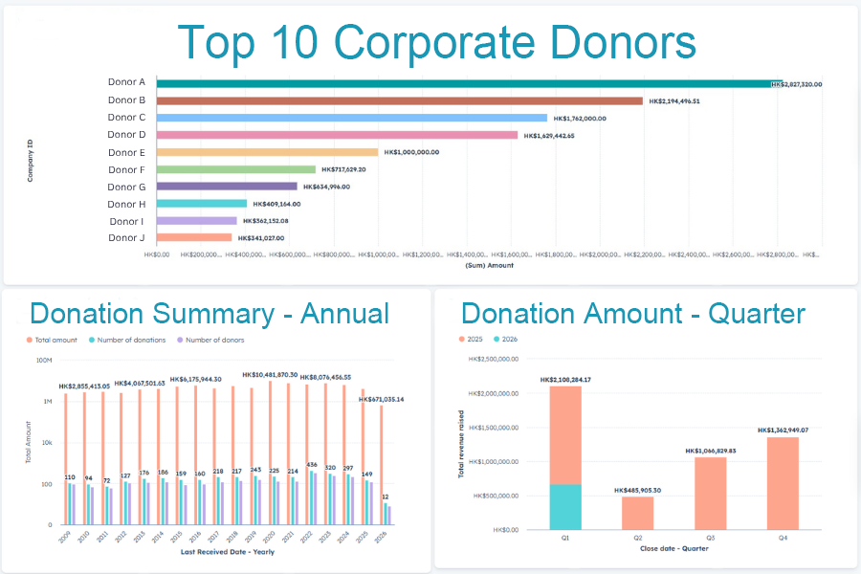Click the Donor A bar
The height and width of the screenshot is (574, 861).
(x=469, y=83)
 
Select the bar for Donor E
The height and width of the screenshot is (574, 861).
(x=268, y=152)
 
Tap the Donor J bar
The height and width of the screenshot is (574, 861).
(x=194, y=237)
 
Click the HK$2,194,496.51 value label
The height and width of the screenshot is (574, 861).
(x=687, y=100)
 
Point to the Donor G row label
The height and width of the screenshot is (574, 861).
(x=126, y=187)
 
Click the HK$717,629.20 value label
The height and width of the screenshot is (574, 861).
(x=357, y=169)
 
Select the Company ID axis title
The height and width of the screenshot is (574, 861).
(x=31, y=161)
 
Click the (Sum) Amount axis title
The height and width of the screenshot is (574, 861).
(x=489, y=265)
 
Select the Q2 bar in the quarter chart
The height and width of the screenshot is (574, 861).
(x=637, y=513)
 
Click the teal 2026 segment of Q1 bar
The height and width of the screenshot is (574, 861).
(x=565, y=506)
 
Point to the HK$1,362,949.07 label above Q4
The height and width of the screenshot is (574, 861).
(x=782, y=430)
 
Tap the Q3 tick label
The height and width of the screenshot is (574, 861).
(x=710, y=539)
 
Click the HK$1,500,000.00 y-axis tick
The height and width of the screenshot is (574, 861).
(x=491, y=427)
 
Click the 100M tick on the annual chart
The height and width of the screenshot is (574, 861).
(x=43, y=361)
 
